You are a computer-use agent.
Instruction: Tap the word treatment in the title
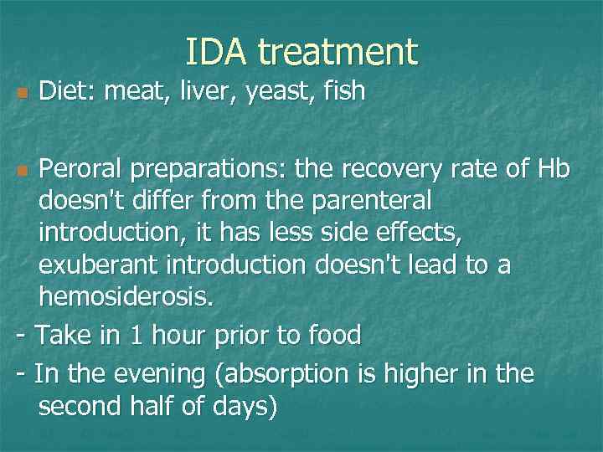(x=337, y=52)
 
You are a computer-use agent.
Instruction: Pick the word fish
(x=342, y=90)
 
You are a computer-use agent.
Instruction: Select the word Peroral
(x=85, y=171)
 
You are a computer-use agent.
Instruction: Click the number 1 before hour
(x=137, y=336)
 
